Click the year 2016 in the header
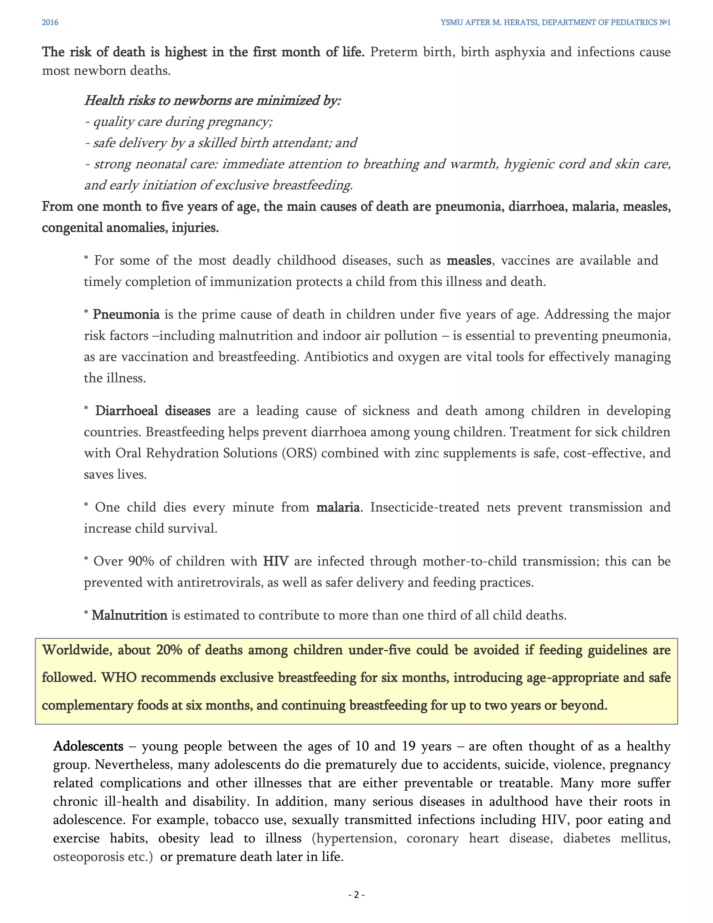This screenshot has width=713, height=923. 50,22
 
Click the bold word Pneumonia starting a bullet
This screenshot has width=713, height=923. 126,315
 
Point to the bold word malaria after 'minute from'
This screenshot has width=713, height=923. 338,507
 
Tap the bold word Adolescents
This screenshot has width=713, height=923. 88,746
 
